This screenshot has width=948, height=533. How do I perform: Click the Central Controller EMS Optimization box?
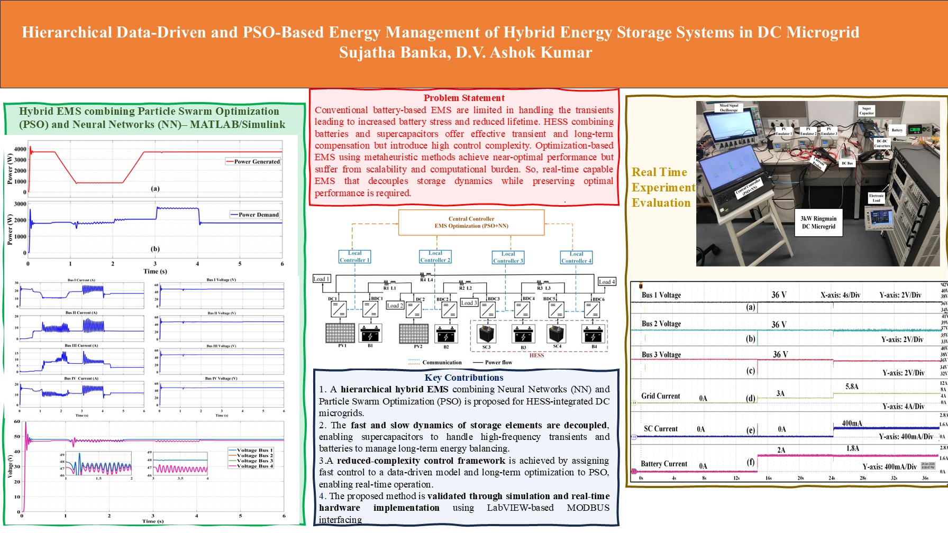(x=471, y=222)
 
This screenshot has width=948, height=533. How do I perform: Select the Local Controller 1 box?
(x=354, y=256)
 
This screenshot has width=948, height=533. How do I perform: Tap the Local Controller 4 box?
(x=576, y=257)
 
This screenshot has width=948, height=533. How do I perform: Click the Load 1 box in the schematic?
(x=322, y=279)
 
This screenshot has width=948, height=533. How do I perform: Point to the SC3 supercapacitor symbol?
(x=487, y=334)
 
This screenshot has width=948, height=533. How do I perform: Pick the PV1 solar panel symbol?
(x=340, y=333)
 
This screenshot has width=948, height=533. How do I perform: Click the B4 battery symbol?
(x=594, y=334)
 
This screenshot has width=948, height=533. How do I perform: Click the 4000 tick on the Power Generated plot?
(x=20, y=149)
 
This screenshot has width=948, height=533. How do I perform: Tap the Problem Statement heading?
(x=464, y=98)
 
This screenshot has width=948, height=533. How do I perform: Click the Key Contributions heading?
(x=464, y=378)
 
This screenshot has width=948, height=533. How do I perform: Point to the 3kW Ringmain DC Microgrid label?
(x=818, y=222)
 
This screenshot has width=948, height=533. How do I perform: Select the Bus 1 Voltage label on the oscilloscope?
(x=661, y=295)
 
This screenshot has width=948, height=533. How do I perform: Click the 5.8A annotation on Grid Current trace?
(x=852, y=387)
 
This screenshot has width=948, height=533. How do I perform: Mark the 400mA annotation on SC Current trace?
(x=852, y=423)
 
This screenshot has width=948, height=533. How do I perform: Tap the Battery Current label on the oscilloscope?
(x=664, y=464)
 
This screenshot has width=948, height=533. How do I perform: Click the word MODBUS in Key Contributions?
(x=588, y=508)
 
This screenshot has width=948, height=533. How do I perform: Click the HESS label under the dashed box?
(x=536, y=355)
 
